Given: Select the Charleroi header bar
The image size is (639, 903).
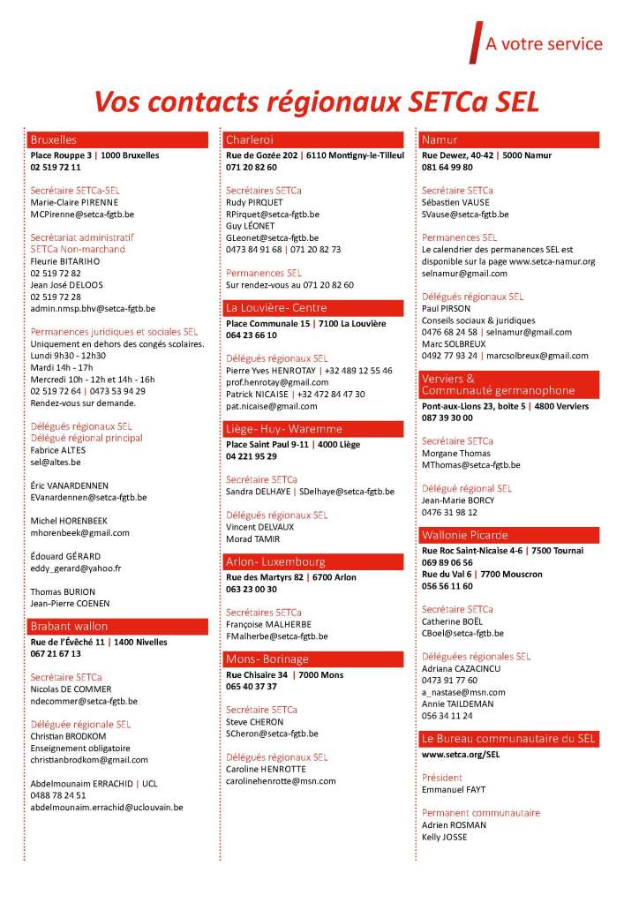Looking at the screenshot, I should click(x=314, y=139).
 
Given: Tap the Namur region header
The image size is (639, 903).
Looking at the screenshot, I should click(x=510, y=139).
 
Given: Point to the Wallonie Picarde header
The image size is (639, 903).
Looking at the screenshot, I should click(x=510, y=535).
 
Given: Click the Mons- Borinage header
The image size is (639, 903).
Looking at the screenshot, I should click(x=314, y=658).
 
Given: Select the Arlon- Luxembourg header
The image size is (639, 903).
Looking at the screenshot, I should click(x=314, y=561).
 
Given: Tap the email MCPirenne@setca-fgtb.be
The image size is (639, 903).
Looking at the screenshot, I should click(x=82, y=214).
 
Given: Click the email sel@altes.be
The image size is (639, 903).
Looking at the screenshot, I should click(x=56, y=462).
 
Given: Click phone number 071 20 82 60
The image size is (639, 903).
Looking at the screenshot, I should click(x=252, y=167).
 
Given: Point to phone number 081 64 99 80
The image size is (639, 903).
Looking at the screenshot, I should click(x=447, y=167).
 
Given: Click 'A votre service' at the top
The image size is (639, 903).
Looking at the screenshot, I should click(x=544, y=44).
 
